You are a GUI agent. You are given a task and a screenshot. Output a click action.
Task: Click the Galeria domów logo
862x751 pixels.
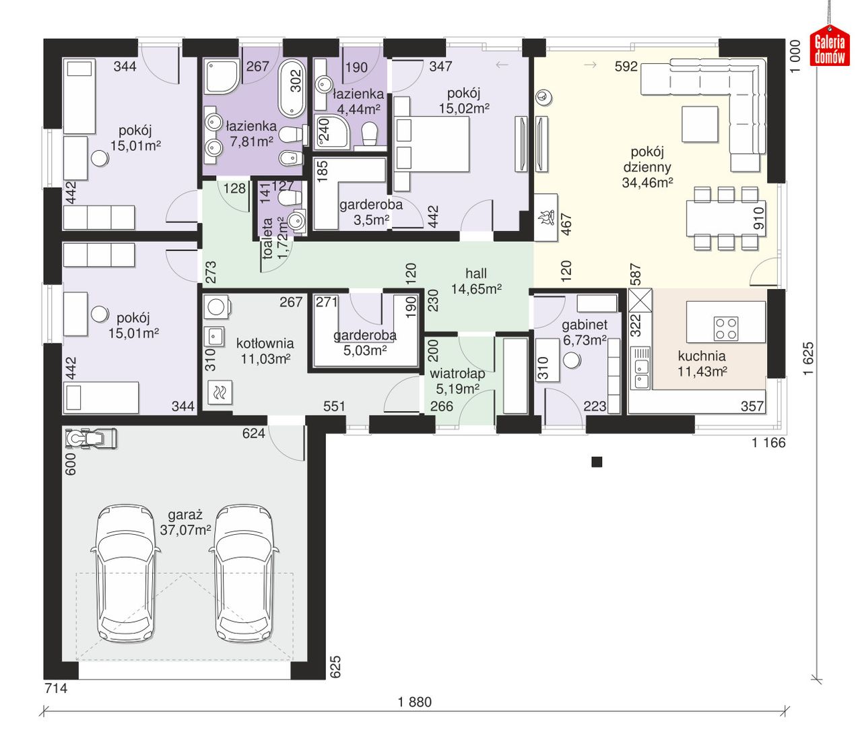click(x=829, y=46)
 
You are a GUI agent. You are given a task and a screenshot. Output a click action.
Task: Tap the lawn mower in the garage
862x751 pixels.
click(x=91, y=438)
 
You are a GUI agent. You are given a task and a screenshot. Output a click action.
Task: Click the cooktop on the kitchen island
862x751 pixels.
click(x=725, y=329)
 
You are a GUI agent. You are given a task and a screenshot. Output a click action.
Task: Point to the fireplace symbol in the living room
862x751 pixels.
click(x=545, y=218)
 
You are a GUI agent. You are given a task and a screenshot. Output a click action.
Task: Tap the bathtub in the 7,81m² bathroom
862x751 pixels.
click(x=292, y=88)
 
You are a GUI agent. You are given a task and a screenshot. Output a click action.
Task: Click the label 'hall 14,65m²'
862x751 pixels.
click(x=476, y=281)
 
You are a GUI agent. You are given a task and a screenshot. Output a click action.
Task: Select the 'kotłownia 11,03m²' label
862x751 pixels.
click(x=265, y=351)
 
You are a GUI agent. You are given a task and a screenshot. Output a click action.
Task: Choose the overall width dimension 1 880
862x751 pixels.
click(x=415, y=702)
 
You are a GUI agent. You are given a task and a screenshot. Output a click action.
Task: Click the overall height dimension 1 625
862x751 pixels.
click(x=807, y=358)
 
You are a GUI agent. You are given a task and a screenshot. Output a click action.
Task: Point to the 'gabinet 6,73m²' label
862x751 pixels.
click(x=585, y=332)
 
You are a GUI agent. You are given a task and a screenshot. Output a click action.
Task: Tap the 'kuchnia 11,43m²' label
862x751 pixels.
click(x=702, y=364)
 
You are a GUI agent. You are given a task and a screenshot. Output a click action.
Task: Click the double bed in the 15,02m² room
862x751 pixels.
click(x=432, y=144)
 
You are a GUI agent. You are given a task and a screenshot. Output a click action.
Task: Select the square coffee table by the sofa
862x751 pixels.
click(x=700, y=124)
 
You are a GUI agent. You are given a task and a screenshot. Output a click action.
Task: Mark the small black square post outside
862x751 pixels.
click(x=597, y=462)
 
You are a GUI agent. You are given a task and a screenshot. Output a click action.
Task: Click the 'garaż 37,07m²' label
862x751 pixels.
click(x=185, y=522)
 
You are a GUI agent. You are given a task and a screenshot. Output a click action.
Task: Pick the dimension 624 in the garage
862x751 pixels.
click(x=253, y=432)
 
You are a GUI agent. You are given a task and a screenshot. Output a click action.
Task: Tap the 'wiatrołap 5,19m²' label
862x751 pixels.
click(x=457, y=381)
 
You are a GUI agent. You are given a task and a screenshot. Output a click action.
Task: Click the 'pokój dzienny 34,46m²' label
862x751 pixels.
click(x=647, y=167)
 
